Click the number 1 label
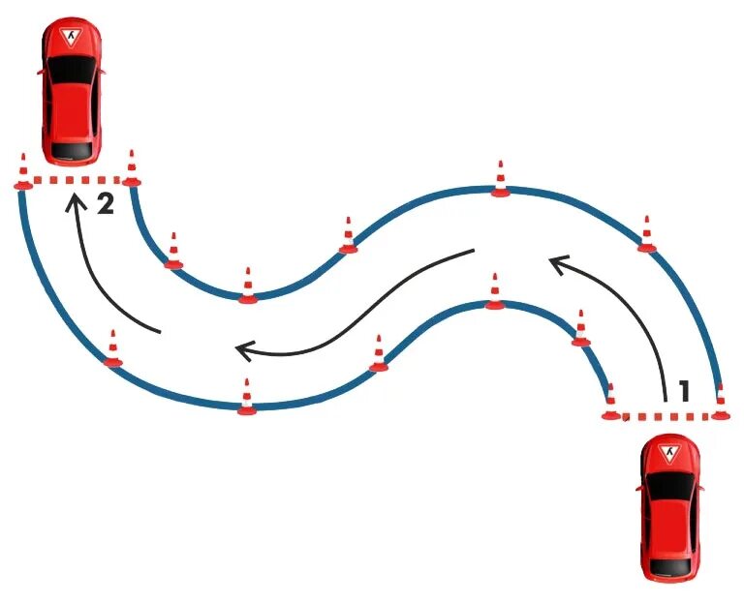(x=684, y=391)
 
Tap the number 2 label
(x=106, y=204)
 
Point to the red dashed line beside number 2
(x=76, y=182)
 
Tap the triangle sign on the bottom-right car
(x=669, y=453)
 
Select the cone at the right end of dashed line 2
(x=131, y=168)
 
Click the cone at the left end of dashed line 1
(x=610, y=404)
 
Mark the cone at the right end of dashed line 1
(x=720, y=403)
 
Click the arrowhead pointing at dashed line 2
(x=73, y=201)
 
